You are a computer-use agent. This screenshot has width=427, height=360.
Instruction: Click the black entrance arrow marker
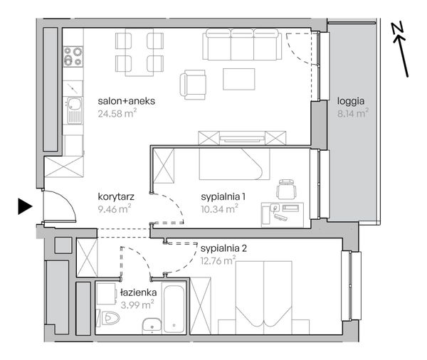click(25, 206)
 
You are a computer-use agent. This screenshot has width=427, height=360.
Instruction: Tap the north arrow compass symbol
click(400, 49)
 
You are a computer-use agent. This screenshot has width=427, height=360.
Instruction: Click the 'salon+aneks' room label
click(127, 101)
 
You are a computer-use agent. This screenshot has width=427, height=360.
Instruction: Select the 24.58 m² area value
click(117, 113)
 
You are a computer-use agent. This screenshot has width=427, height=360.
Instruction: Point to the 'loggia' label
click(351, 102)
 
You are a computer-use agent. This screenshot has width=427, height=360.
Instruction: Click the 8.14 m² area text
click(353, 113)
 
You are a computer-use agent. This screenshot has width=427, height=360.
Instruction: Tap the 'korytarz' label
click(116, 196)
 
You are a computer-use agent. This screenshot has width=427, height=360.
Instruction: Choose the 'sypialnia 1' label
click(223, 196)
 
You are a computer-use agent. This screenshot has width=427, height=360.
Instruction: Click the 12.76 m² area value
click(218, 261)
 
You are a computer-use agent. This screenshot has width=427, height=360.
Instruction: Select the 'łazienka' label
click(139, 292)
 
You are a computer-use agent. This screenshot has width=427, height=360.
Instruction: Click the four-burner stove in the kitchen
click(73, 56)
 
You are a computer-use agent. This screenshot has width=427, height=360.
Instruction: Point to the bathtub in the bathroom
click(174, 308)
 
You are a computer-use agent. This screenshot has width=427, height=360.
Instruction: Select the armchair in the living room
click(193, 85)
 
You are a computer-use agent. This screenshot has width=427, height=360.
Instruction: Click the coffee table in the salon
click(239, 79)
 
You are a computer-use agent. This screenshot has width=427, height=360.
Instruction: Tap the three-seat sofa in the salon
click(242, 44)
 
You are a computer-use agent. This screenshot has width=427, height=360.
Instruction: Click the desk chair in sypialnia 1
click(286, 189)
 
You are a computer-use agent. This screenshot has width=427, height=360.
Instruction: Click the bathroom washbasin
click(152, 326)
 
